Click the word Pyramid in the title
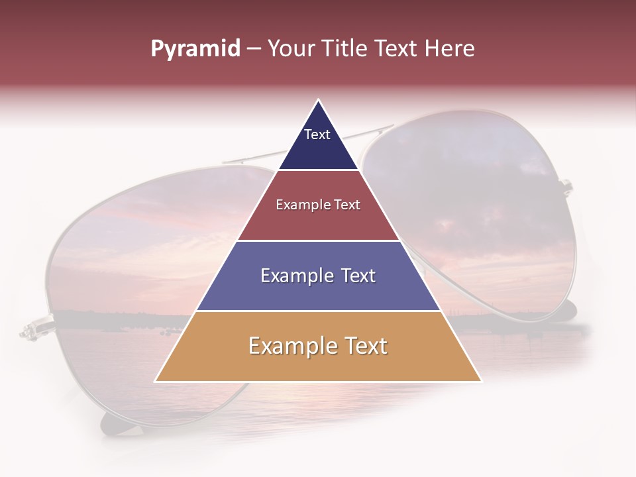pos(195,49)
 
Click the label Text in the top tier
pos(317,134)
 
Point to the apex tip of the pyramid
pos(319,101)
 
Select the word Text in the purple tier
pos(356,276)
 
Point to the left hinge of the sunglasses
pos(30,329)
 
